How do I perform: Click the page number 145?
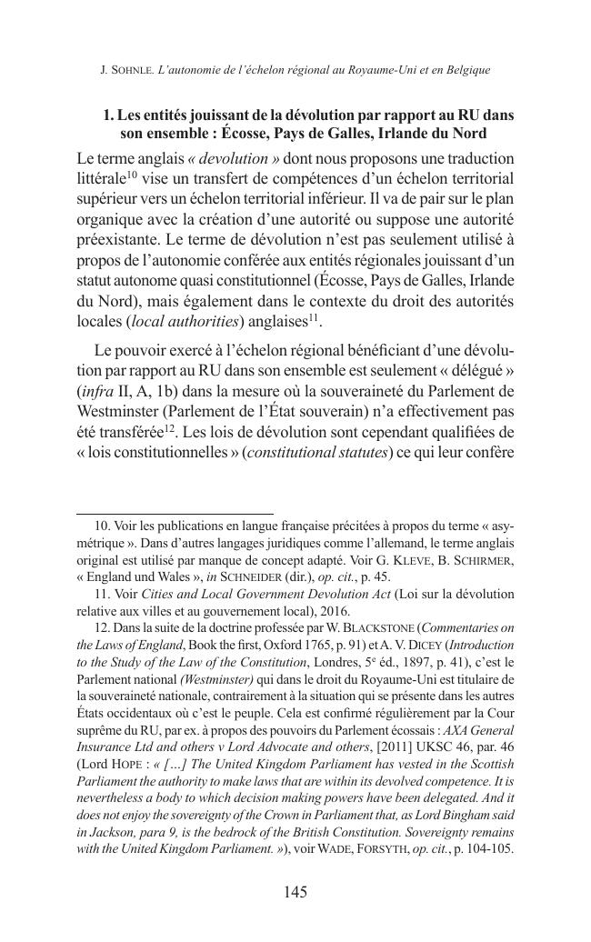[x=295, y=892]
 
